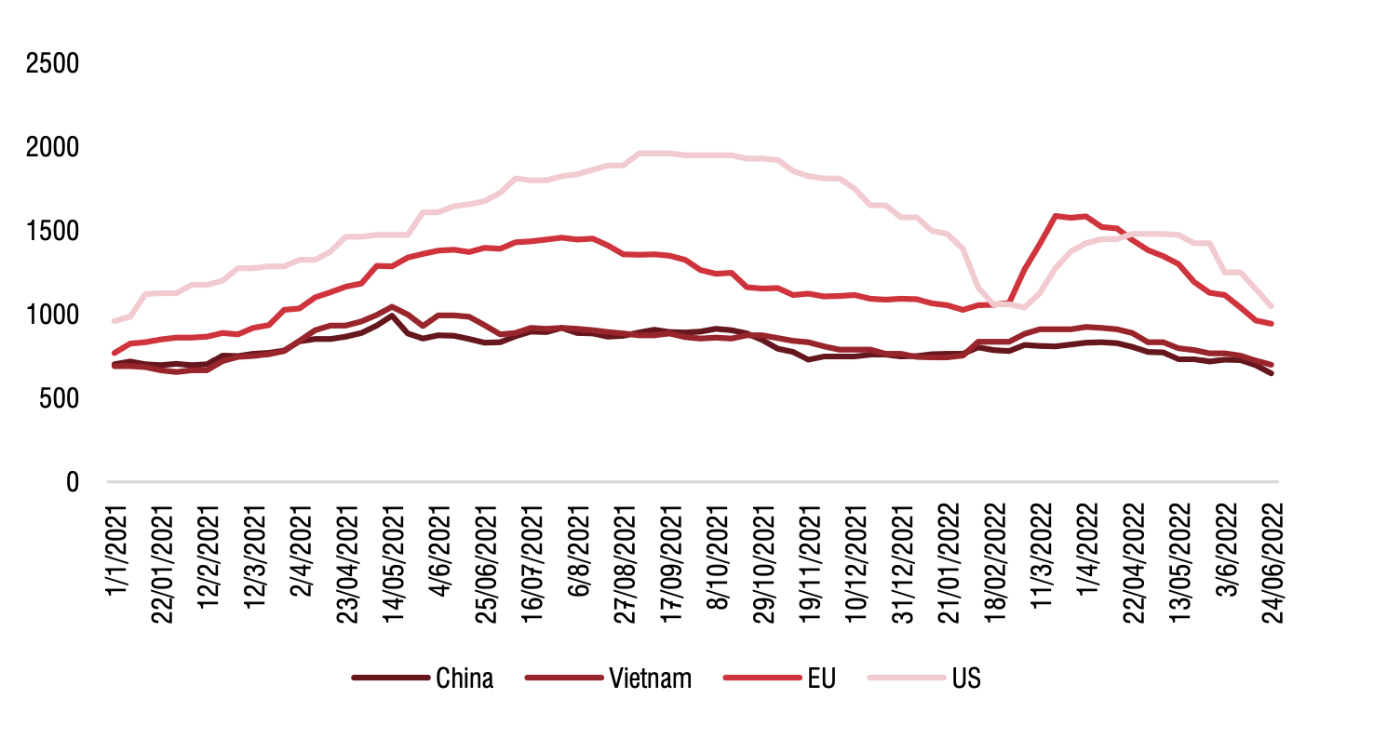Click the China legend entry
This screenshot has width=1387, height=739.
[464, 679]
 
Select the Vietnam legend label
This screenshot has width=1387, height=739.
[651, 679]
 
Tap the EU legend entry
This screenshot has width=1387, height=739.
[822, 679]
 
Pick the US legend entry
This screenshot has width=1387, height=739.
[966, 679]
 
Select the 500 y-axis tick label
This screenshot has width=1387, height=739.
[62, 399]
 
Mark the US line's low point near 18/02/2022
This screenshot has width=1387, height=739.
[1024, 307]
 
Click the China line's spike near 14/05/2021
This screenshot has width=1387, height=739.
[392, 316]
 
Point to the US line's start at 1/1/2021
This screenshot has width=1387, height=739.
[114, 321]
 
